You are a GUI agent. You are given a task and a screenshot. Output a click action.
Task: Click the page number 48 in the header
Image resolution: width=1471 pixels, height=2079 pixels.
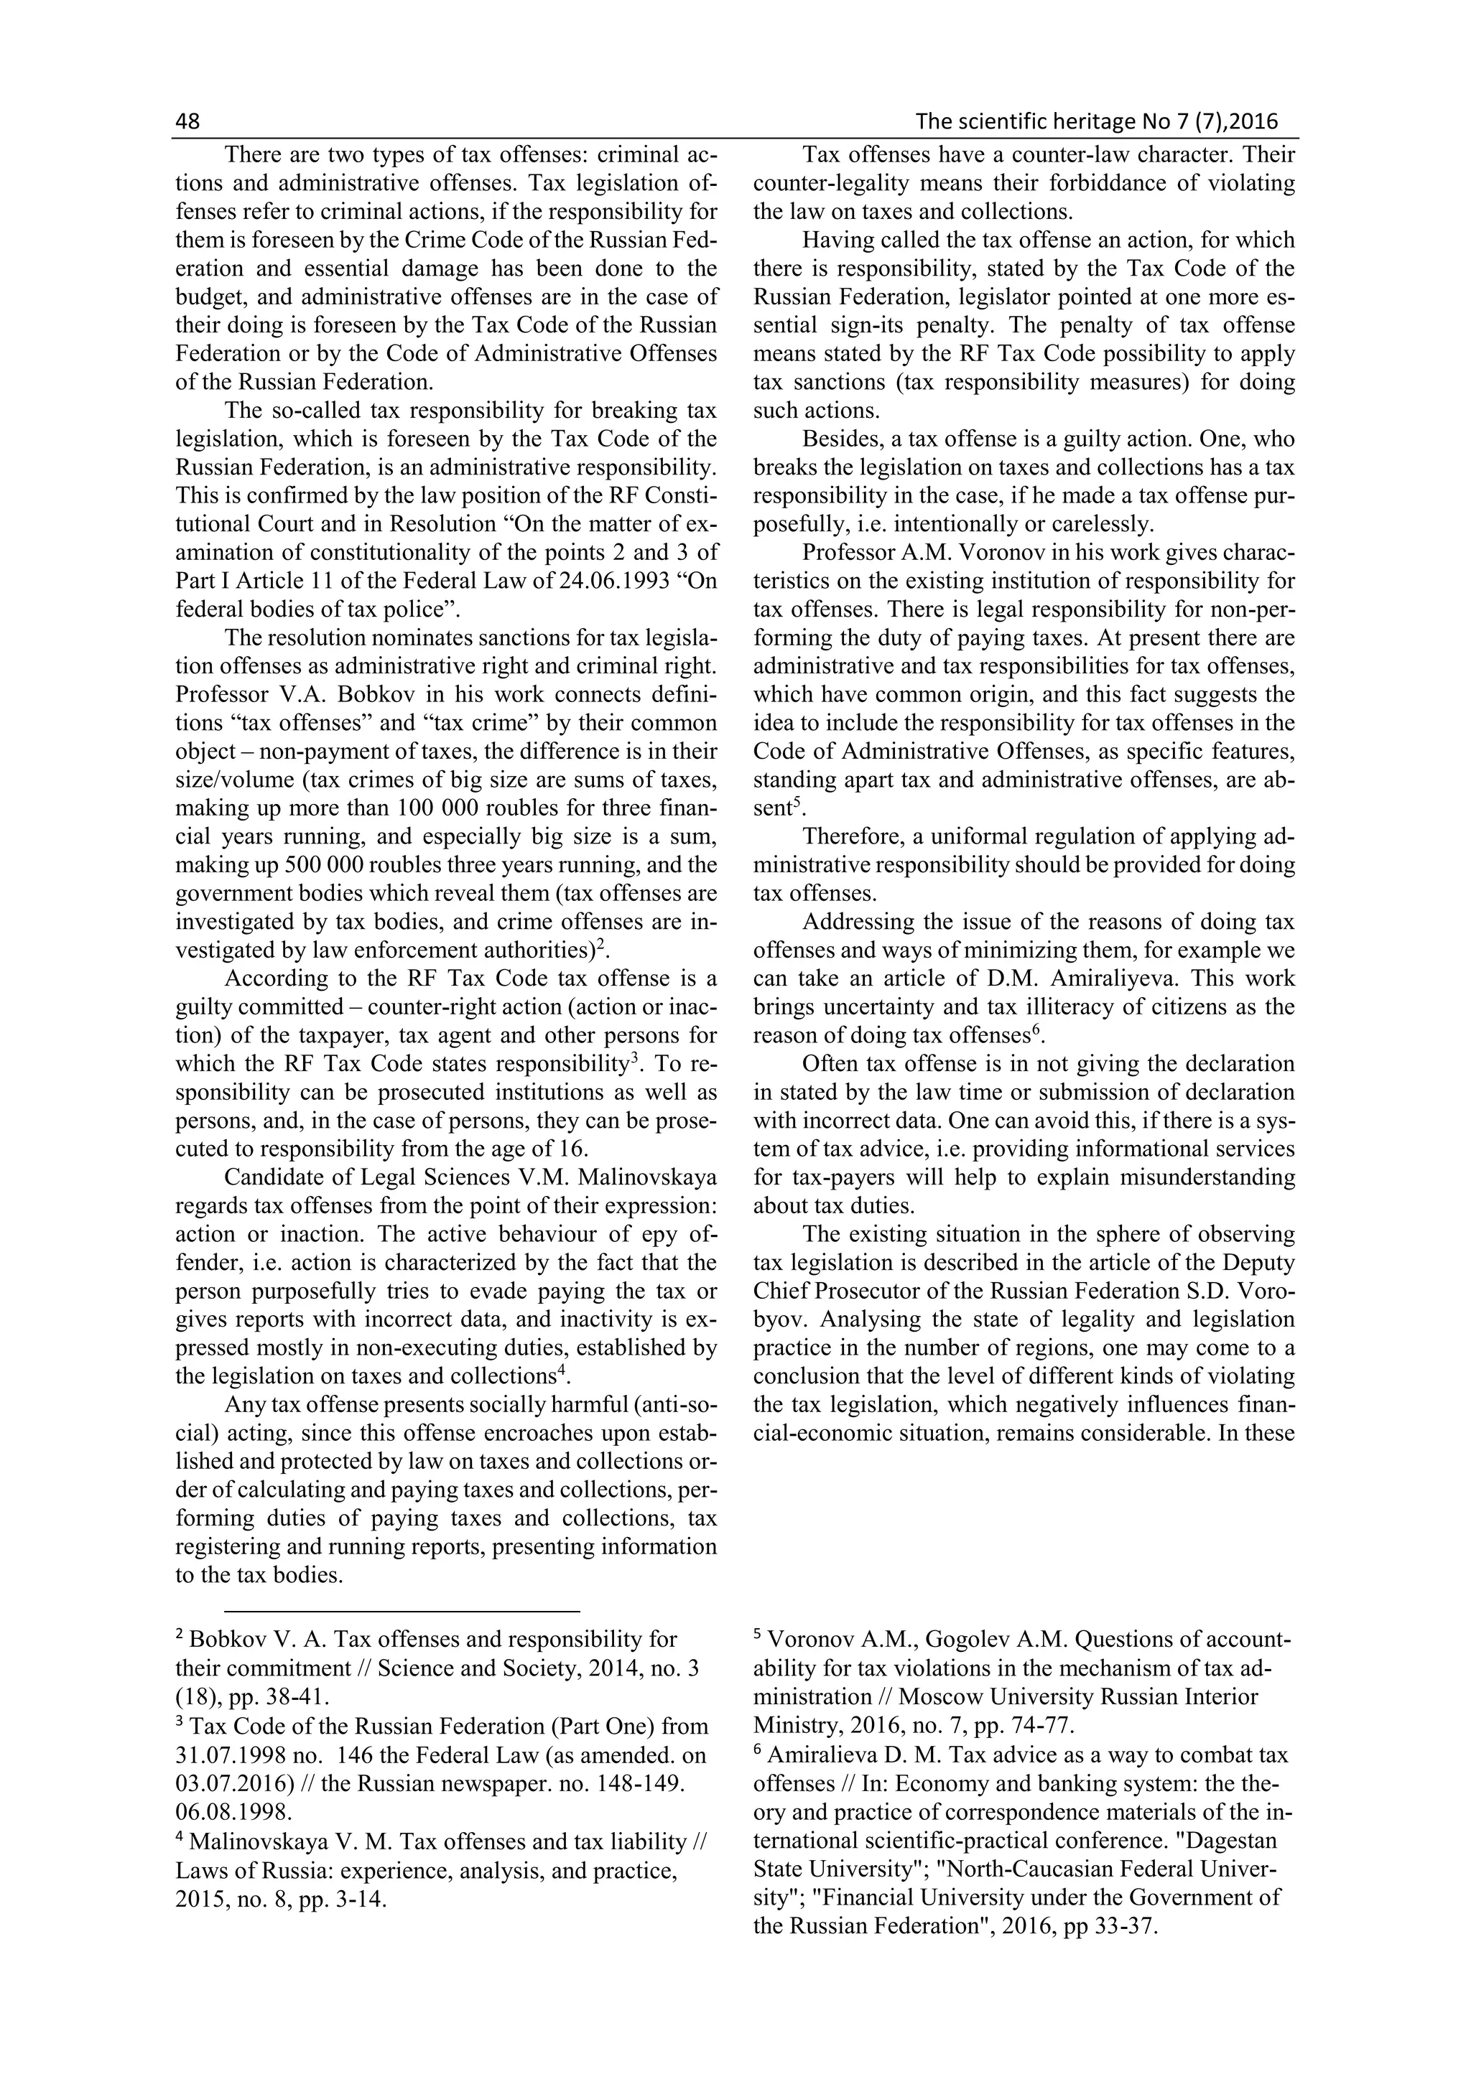tap(187, 121)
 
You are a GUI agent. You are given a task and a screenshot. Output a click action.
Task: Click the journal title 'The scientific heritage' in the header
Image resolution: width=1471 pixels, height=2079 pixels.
tap(1024, 121)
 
